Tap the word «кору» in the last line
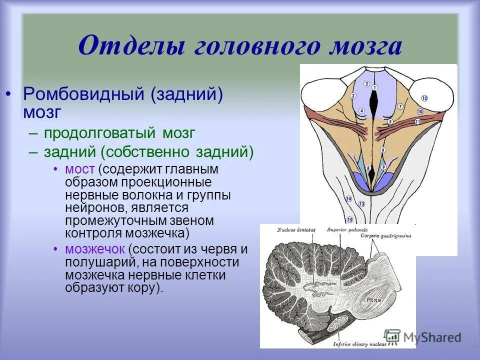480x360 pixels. (x=144, y=288)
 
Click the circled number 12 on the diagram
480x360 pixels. (x=424, y=98)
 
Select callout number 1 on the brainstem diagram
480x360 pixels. (x=374, y=88)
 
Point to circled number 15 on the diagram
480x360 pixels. (x=350, y=219)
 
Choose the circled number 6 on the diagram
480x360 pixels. (x=382, y=150)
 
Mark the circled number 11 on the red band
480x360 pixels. (x=417, y=121)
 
